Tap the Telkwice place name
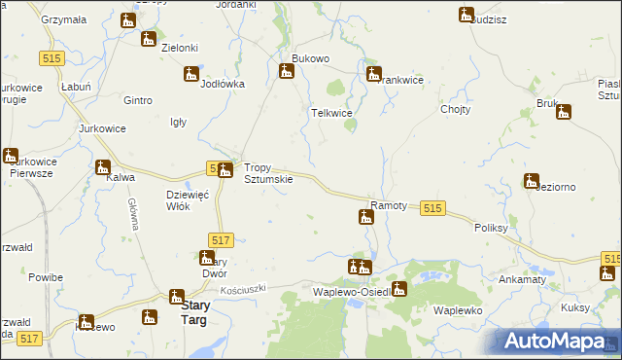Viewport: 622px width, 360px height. (330, 113)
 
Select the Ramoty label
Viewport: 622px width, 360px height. (389, 206)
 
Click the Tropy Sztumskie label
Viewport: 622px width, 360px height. (267, 172)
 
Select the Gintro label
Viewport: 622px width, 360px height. (139, 100)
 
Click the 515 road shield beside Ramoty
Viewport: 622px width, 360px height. (433, 208)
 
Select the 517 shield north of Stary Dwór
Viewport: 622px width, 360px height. (220, 239)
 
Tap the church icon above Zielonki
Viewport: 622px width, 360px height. (148, 39)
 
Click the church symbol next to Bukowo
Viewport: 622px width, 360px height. (286, 70)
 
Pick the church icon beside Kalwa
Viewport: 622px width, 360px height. (103, 167)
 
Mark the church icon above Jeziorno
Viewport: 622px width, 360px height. (531, 180)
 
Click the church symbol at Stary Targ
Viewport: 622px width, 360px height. (177, 296)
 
